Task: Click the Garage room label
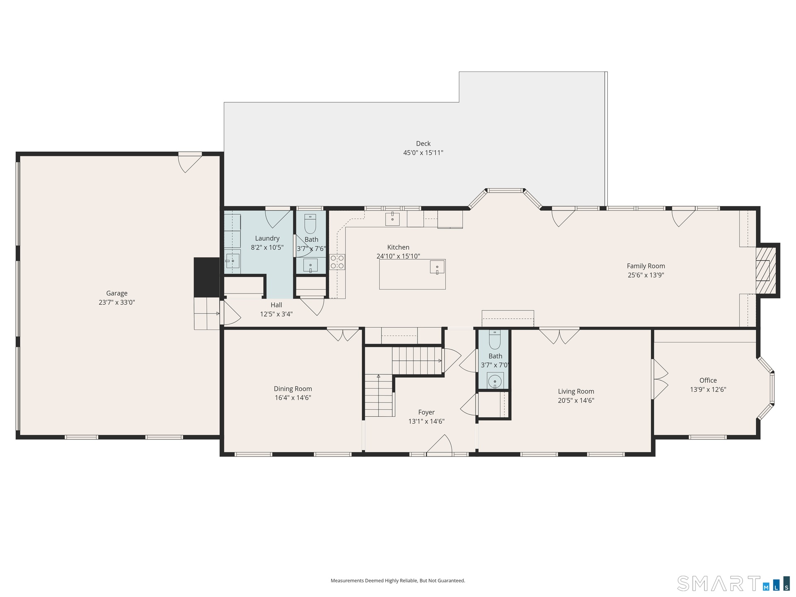(x=116, y=293)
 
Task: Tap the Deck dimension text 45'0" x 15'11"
(x=423, y=153)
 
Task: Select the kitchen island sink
(x=437, y=267)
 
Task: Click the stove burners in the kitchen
(x=337, y=262)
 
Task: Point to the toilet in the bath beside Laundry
(x=310, y=224)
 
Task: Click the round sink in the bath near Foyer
(x=495, y=381)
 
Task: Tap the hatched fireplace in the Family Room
(x=766, y=270)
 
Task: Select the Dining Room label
(x=293, y=388)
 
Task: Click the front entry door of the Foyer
(x=439, y=445)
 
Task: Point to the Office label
(x=708, y=380)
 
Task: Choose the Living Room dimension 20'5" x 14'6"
(x=576, y=400)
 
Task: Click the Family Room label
(x=646, y=266)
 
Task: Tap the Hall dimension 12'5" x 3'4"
(x=276, y=314)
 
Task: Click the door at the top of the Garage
(x=190, y=163)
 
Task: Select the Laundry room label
(x=267, y=238)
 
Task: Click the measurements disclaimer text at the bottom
(x=398, y=581)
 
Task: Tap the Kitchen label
(x=398, y=247)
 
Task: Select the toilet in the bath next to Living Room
(x=495, y=340)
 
